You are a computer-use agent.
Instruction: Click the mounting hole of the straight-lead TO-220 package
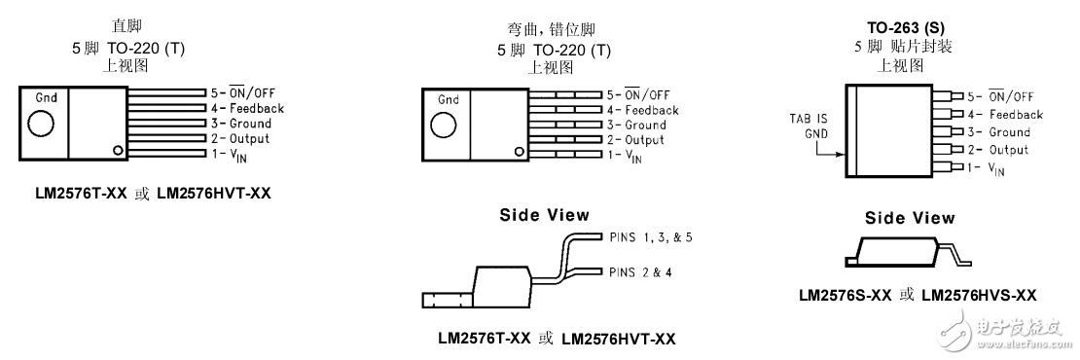pyautogui.click(x=41, y=124)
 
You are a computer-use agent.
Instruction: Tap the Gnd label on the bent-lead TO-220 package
pyautogui.click(x=449, y=99)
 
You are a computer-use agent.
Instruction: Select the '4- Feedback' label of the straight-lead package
pyautogui.click(x=247, y=109)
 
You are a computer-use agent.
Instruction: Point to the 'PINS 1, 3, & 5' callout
pyautogui.click(x=652, y=236)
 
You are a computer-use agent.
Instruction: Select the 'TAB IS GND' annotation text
pyautogui.click(x=810, y=126)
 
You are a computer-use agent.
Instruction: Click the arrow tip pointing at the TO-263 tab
pyautogui.click(x=843, y=154)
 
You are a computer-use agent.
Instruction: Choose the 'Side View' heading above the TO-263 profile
pyautogui.click(x=910, y=218)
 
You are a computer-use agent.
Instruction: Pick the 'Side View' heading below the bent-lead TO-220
pyautogui.click(x=544, y=215)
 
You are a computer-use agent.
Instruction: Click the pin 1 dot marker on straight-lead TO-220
pyautogui.click(x=118, y=150)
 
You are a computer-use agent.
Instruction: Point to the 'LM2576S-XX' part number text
pyautogui.click(x=846, y=295)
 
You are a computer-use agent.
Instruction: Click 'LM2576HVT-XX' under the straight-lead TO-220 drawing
pyautogui.click(x=213, y=194)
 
